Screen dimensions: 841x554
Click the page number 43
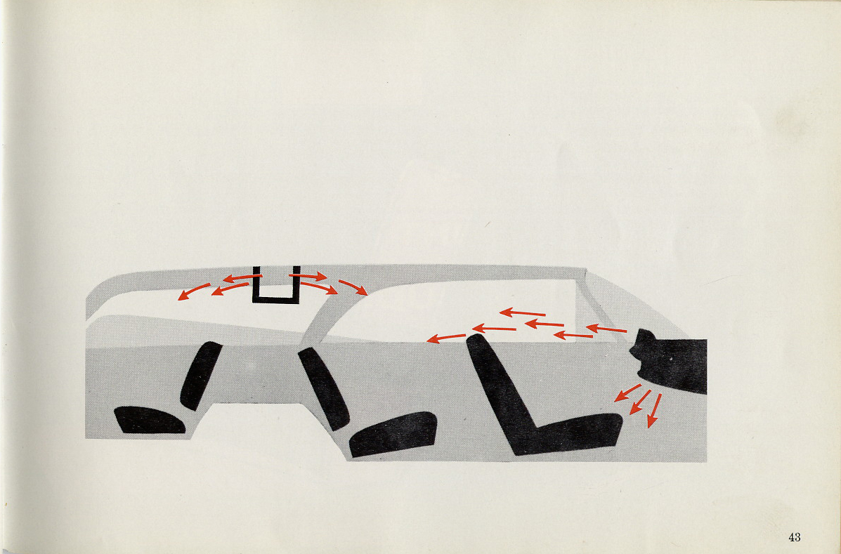pyautogui.click(x=795, y=537)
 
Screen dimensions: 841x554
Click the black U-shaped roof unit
pyautogui.click(x=275, y=300)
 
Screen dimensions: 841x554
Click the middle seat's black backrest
pyautogui.click(x=323, y=388)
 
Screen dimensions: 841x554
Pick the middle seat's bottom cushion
pyautogui.click(x=393, y=434)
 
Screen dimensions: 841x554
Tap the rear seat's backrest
pyautogui.click(x=201, y=375)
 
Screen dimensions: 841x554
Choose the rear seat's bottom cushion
pyautogui.click(x=150, y=420)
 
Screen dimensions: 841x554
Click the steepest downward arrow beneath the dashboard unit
pyautogui.click(x=654, y=411)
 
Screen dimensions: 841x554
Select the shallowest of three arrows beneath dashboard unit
pyautogui.click(x=627, y=393)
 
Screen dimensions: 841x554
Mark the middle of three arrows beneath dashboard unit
pyautogui.click(x=640, y=402)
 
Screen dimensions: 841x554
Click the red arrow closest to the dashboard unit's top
pyautogui.click(x=606, y=329)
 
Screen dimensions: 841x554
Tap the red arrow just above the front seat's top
pyautogui.click(x=446, y=338)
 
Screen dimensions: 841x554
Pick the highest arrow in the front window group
pyautogui.click(x=523, y=312)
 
